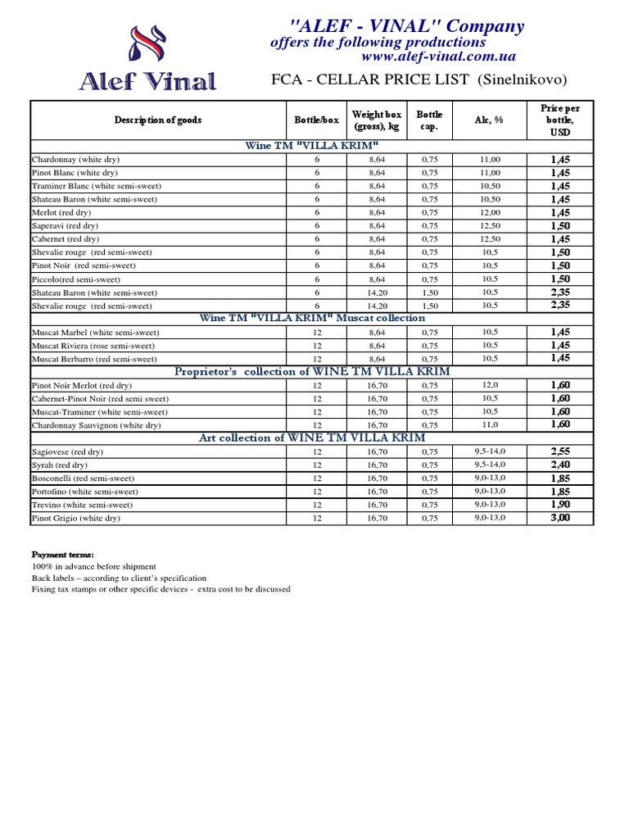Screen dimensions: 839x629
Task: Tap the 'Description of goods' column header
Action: pos(158,120)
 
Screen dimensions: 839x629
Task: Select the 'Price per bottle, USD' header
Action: pos(560,120)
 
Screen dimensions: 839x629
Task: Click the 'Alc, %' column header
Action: pos(489,120)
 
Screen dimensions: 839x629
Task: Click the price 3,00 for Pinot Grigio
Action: pos(560,518)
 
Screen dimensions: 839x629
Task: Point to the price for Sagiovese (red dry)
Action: pos(560,451)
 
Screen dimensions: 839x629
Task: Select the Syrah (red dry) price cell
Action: pos(560,465)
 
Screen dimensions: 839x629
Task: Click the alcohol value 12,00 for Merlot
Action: pos(490,212)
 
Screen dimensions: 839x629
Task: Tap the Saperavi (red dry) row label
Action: pos(65,225)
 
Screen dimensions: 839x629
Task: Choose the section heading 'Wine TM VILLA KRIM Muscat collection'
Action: pos(313,318)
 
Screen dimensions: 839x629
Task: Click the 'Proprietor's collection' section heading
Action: pos(313,371)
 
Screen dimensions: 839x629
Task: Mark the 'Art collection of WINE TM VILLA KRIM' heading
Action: pos(313,438)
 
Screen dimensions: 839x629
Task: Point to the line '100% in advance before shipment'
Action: pos(93,567)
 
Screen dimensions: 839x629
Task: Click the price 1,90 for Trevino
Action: pos(560,505)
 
